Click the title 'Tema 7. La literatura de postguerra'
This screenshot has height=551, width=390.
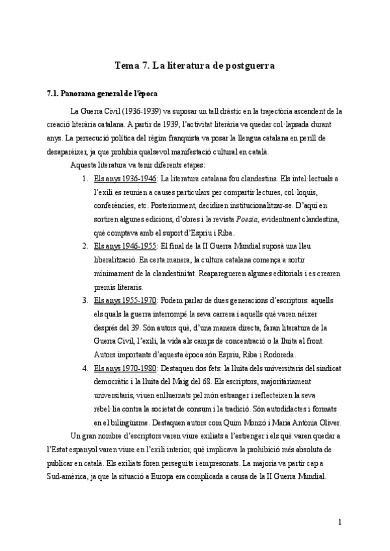click(194, 66)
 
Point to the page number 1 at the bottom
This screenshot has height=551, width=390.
click(340, 522)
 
